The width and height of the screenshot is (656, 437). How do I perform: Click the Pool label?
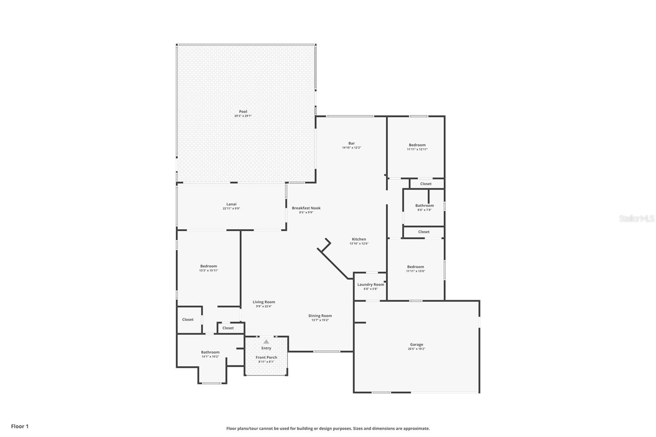tap(243, 112)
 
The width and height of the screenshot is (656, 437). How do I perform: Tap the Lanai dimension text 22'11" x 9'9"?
tap(231, 209)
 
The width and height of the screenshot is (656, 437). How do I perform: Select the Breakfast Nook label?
tap(306, 208)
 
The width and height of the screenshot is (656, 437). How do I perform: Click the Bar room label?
tap(351, 143)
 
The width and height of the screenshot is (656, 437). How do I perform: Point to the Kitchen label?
tap(359, 239)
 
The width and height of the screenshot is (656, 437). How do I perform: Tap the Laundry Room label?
tap(371, 285)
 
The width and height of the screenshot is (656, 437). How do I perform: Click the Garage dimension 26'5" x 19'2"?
tap(417, 349)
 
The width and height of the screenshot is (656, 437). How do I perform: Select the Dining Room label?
tap(320, 316)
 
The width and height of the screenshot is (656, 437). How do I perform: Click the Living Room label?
tap(264, 302)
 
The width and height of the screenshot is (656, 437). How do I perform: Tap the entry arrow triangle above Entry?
tap(266, 341)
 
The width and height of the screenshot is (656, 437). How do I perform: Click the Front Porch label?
tap(266, 357)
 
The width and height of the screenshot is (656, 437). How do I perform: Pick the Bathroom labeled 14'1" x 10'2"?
tap(210, 352)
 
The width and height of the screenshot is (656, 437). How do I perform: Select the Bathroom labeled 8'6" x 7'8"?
tap(424, 206)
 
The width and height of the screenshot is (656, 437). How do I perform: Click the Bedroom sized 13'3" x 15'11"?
tap(209, 266)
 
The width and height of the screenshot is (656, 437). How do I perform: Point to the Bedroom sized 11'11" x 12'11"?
tap(417, 145)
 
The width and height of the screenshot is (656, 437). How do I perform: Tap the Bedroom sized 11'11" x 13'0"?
tap(415, 267)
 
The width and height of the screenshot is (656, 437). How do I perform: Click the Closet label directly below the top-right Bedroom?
tap(426, 184)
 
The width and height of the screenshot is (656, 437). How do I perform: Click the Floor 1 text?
tap(20, 426)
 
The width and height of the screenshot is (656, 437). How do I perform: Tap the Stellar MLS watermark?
tap(637, 219)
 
